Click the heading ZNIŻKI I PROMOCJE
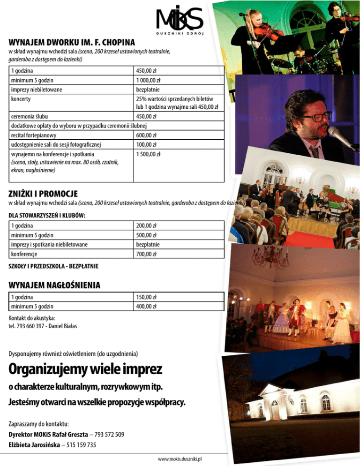pyautogui.click(x=43, y=194)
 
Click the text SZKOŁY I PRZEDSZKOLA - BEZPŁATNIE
pyautogui.click(x=53, y=266)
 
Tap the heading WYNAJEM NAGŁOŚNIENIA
pyautogui.click(x=55, y=285)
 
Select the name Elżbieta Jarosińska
pyautogui.click(x=34, y=445)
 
